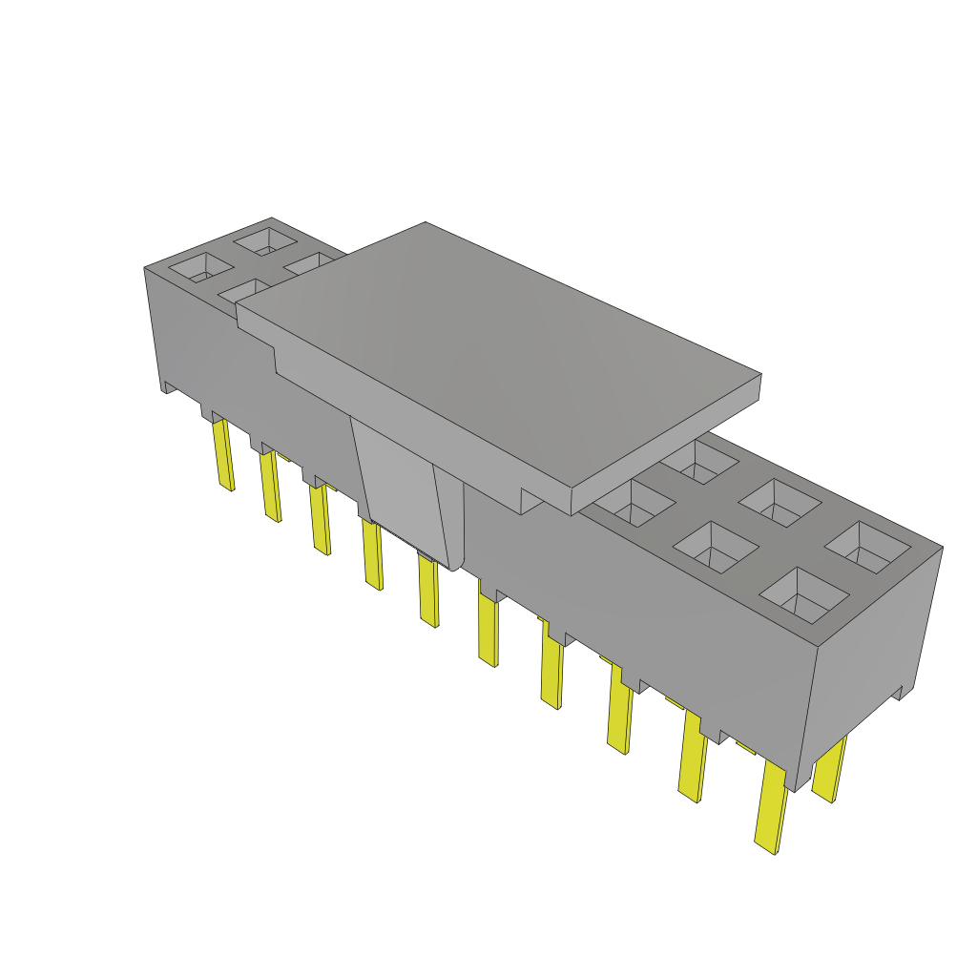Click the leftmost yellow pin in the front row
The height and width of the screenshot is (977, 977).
point(224,455)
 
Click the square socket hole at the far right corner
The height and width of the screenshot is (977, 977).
point(868,550)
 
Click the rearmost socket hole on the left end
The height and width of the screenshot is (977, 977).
point(264,239)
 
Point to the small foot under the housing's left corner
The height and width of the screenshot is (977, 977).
point(168,387)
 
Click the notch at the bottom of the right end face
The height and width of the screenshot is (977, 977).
point(896,693)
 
